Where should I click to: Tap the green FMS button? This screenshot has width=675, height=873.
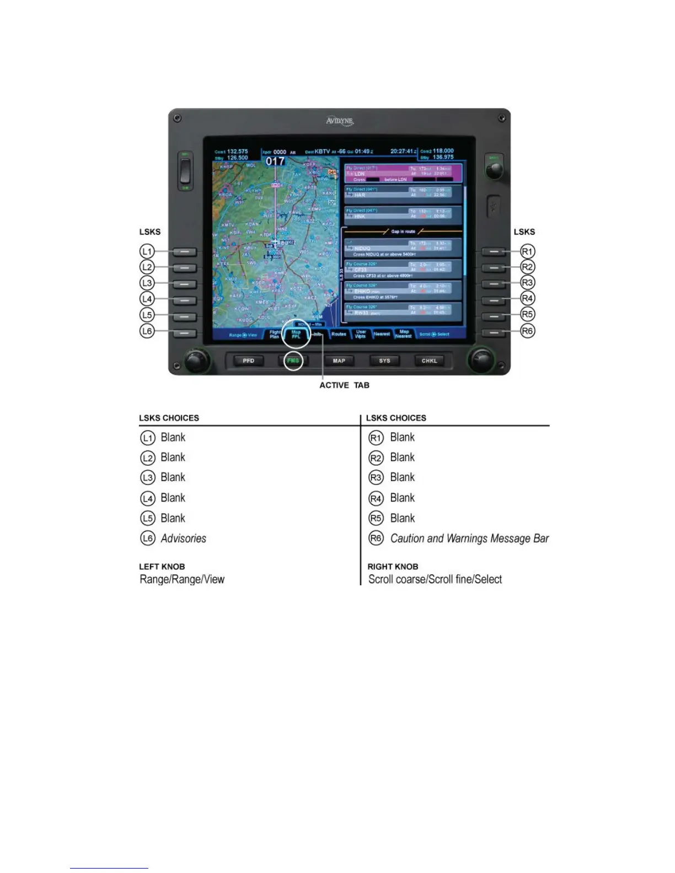pos(293,361)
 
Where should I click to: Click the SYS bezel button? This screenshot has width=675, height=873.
pos(384,361)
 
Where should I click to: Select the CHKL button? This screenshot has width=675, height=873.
pos(429,361)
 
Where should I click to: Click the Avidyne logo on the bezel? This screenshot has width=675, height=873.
pos(339,121)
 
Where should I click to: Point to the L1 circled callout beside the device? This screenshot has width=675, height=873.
pos(147,251)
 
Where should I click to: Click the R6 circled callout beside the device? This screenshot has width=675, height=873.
pos(528,331)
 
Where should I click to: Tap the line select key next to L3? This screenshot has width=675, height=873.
pos(185,284)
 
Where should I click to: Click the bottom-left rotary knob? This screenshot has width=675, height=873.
pos(194,360)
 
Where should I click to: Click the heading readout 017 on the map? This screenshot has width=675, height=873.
pos(275,161)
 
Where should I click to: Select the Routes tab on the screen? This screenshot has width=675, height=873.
pos(339,334)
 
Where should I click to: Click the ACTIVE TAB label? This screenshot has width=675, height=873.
pos(344,385)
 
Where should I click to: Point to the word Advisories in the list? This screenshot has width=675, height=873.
pos(183,538)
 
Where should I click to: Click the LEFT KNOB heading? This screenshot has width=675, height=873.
pos(162,567)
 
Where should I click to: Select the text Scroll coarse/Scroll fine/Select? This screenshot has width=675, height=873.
pos(435,579)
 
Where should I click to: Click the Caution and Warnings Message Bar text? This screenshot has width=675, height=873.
pos(469,538)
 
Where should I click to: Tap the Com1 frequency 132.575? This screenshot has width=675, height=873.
pos(238,151)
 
